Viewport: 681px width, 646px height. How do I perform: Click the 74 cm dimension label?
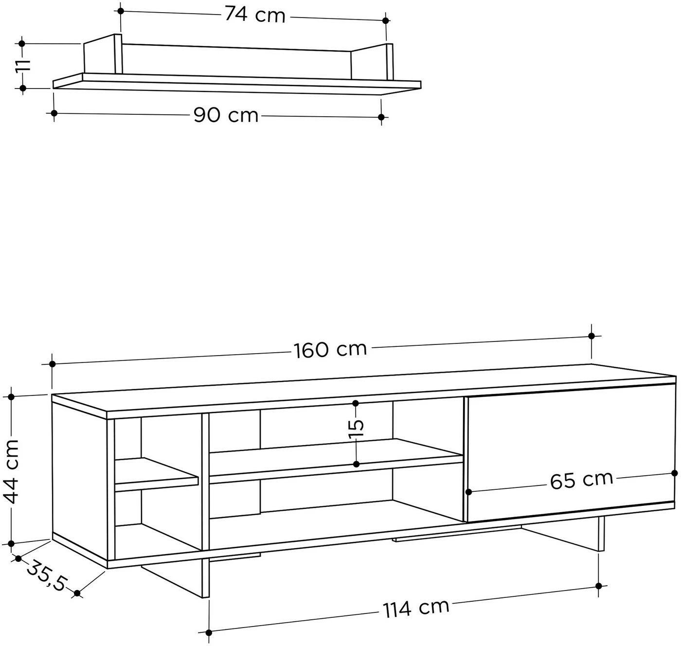(255, 16)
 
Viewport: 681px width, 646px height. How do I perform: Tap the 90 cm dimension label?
(226, 115)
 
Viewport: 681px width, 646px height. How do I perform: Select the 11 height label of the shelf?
(23, 65)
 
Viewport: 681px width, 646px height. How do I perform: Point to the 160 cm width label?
(330, 350)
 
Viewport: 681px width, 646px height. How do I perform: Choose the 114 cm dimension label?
(416, 608)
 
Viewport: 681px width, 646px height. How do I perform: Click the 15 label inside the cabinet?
(357, 430)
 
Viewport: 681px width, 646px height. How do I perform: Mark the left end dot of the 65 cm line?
(468, 492)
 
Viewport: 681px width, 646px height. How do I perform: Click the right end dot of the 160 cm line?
(591, 336)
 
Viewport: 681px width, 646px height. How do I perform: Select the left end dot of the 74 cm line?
(121, 11)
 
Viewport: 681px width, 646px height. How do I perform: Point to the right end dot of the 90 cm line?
(381, 117)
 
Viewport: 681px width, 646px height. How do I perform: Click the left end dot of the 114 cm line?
(209, 632)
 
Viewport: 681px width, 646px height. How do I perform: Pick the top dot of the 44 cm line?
(11, 397)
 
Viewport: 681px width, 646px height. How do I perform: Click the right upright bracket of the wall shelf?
(372, 62)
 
